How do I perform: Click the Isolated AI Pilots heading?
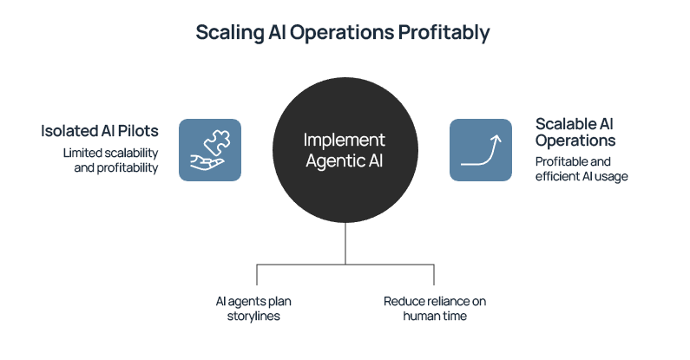[x=100, y=131]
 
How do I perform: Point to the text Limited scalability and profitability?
[x=110, y=160]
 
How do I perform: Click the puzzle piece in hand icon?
[x=210, y=150]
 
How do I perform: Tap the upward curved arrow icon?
[x=481, y=150]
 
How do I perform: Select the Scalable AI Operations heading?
[x=575, y=132]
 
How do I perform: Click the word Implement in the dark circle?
[x=345, y=140]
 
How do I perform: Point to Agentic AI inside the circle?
[x=345, y=160]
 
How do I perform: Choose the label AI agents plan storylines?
[x=256, y=309]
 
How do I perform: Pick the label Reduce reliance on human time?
[x=434, y=309]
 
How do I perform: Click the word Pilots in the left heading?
[x=138, y=131]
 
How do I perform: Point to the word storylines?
[x=256, y=317]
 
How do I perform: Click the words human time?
[x=434, y=317]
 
